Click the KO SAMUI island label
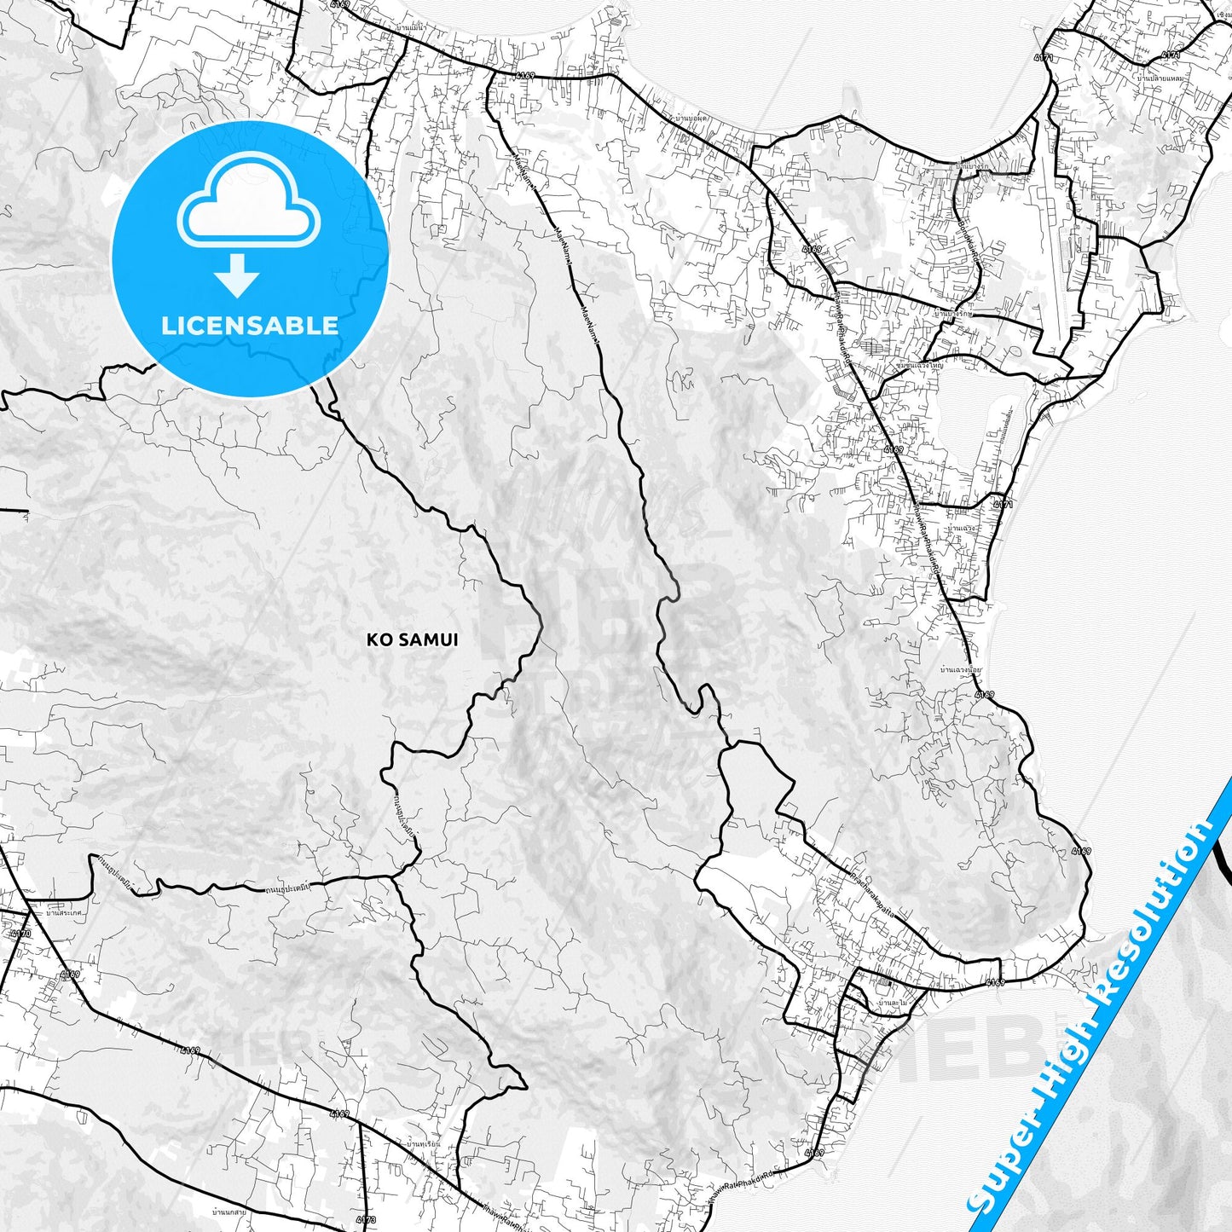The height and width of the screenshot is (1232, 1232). coord(412,639)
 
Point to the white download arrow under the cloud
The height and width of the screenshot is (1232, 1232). coord(237,275)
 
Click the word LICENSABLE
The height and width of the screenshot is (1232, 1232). coord(250,325)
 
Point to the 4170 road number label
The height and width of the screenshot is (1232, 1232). coord(20,934)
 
